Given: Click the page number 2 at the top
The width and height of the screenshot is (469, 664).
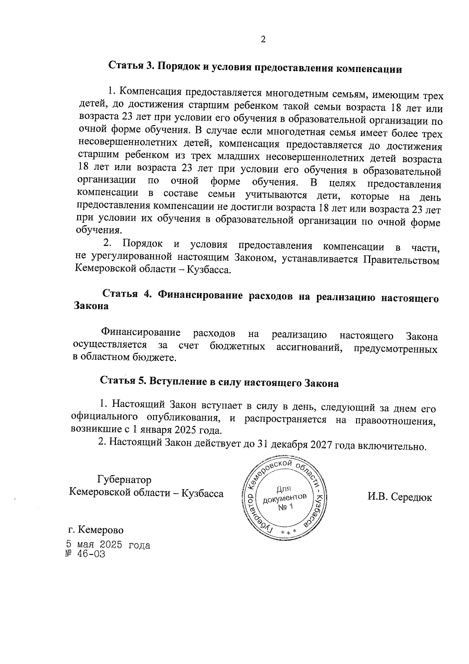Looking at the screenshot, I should pyautogui.click(x=263, y=40).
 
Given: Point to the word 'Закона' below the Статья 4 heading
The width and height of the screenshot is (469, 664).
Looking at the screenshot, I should pyautogui.click(x=91, y=306).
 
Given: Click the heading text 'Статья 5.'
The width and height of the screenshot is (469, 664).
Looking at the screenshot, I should pyautogui.click(x=123, y=381).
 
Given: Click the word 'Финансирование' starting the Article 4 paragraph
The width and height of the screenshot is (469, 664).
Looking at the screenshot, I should pyautogui.click(x=141, y=333).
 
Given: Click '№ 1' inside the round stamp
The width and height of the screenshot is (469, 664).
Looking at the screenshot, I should pyautogui.click(x=285, y=507).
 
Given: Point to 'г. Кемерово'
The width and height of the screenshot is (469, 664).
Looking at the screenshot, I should pyautogui.click(x=95, y=530).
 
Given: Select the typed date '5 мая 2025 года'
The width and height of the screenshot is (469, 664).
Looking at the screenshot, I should pyautogui.click(x=107, y=545).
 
